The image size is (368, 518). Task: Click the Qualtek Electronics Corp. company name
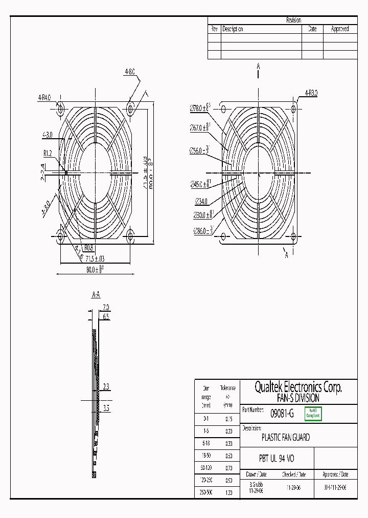pyautogui.click(x=298, y=387)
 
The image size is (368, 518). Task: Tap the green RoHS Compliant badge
pyautogui.click(x=312, y=414)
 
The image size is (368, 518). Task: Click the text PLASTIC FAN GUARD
pyautogui.click(x=285, y=438)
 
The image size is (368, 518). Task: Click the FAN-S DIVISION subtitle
pyautogui.click(x=298, y=398)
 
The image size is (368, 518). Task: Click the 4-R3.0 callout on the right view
pyautogui.click(x=311, y=93)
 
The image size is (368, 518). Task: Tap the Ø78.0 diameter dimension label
pyautogui.click(x=200, y=108)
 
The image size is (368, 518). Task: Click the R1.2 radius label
pyautogui.click(x=48, y=152)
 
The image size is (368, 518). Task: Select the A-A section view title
pyautogui.click(x=96, y=295)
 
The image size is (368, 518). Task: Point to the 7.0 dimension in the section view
pyautogui.click(x=106, y=308)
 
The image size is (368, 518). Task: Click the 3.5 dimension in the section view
pyautogui.click(x=106, y=408)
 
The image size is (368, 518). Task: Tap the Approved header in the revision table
pyautogui.click(x=340, y=29)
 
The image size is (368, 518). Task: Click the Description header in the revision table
pyautogui.click(x=233, y=29)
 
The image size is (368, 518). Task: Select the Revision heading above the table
pyautogui.click(x=293, y=20)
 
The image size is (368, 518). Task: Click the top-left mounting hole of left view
pyautogui.click(x=60, y=109)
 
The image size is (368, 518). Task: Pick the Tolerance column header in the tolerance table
pyautogui.click(x=227, y=388)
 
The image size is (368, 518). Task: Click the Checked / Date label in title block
pyautogui.click(x=293, y=474)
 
